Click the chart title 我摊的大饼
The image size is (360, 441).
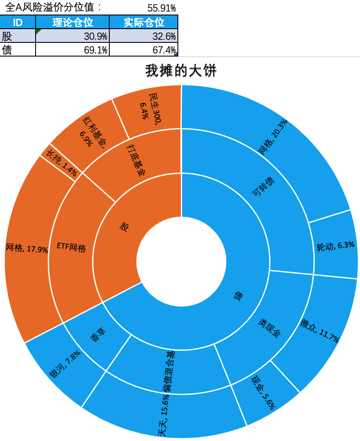(x=181, y=70)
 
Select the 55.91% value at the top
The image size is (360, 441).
(x=162, y=8)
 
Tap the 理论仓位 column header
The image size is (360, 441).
(x=72, y=22)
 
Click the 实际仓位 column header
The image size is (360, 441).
(x=144, y=22)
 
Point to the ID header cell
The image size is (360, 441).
(x=18, y=22)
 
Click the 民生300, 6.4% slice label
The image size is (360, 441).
(x=151, y=109)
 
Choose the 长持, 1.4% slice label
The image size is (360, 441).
(x=61, y=163)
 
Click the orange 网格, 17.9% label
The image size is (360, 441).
(x=27, y=248)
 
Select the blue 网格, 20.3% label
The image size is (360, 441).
(x=273, y=137)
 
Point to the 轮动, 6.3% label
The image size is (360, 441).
(x=335, y=246)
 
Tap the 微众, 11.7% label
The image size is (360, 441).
(x=319, y=331)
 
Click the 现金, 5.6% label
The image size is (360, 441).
(x=263, y=392)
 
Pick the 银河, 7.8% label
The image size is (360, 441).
(x=65, y=364)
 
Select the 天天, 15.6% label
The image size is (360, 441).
(x=164, y=415)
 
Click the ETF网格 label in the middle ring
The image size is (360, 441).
(x=71, y=247)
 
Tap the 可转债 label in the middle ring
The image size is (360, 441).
(x=263, y=186)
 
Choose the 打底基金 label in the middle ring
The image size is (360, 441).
(x=136, y=160)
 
